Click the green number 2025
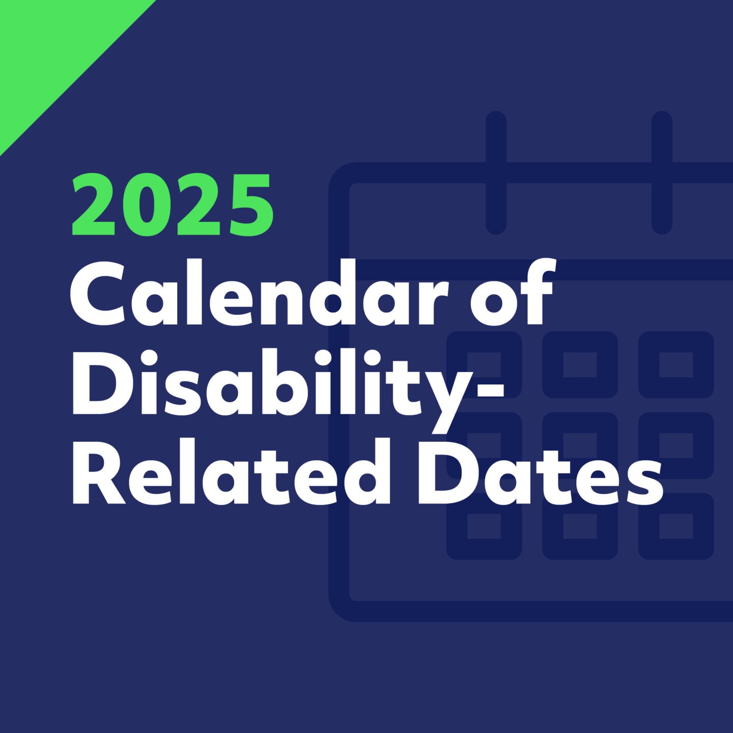click(173, 205)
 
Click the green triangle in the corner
click(51, 51)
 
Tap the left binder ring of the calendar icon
click(496, 173)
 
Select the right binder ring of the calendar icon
click(662, 173)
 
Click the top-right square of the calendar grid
click(676, 364)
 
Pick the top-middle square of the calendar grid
click(580, 364)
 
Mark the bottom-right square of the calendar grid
click(676, 526)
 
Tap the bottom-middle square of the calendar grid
click(580, 526)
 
